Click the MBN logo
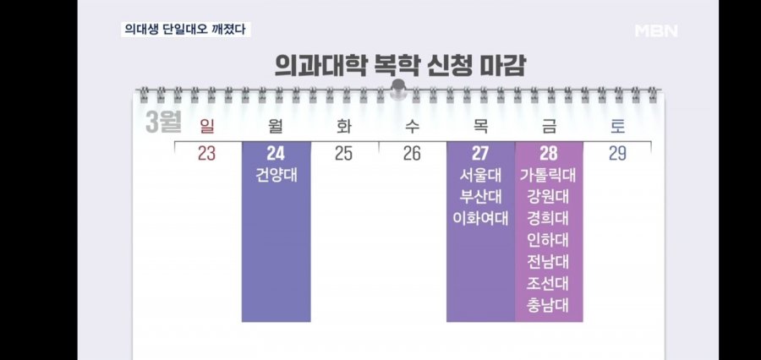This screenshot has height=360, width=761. pos(656,31)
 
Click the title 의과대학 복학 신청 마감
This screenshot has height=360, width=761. pos(400,65)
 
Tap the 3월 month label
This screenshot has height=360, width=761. pos(163,122)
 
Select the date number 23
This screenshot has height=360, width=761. pos(207,154)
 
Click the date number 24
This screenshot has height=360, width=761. pos(276,154)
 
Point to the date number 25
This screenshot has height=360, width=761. pos(344,154)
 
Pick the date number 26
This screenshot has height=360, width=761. pos(412,154)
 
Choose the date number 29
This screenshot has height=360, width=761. pos(617,154)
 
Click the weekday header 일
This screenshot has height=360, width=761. pos(207,127)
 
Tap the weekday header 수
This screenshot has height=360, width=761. pos(412,127)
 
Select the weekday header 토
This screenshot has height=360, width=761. pos(617,127)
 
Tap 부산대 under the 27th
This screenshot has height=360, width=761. pos(480,197)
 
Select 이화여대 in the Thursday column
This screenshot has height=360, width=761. pos(480,218)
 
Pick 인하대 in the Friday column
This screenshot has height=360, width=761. pos(549,239)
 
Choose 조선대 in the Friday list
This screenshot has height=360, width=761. pos(549,281)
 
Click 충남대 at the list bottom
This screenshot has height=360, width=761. pos(549,303)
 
